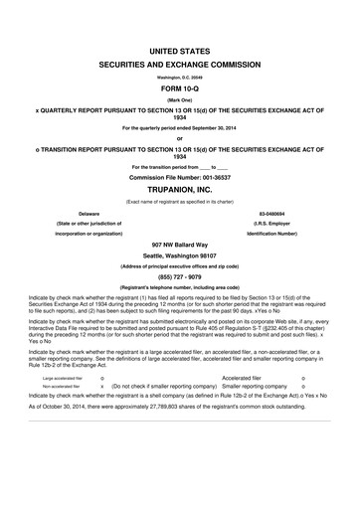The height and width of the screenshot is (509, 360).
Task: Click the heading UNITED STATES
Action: pyautogui.click(x=180, y=48)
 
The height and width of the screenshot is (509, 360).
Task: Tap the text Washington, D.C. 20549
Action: pyautogui.click(x=180, y=76)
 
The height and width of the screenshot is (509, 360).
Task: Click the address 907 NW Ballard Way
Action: pyautogui.click(x=180, y=244)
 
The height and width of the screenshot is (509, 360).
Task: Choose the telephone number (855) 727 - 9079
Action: pyautogui.click(x=180, y=277)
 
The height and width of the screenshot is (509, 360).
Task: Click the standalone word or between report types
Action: pyautogui.click(x=180, y=137)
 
